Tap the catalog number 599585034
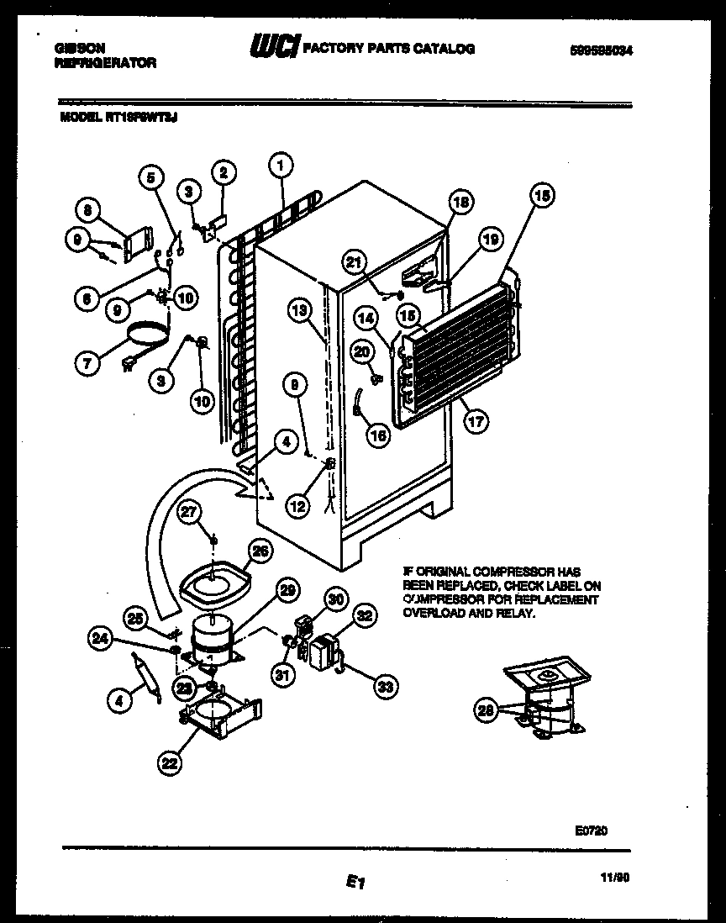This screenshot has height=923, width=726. tap(600, 51)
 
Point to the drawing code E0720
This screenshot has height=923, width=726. tap(591, 830)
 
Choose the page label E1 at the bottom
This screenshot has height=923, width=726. tap(354, 882)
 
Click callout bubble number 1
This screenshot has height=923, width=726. tap(281, 166)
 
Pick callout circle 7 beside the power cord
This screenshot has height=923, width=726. tap(88, 363)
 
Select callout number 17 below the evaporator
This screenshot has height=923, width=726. tap(476, 421)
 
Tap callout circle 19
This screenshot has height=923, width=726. tap(491, 240)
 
